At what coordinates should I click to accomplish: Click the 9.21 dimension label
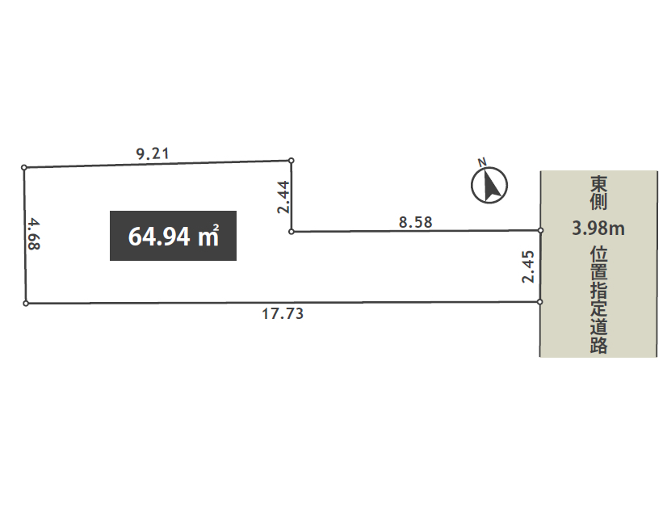(153, 153)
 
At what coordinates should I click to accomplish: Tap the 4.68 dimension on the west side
(33, 234)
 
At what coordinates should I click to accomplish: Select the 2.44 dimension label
(283, 197)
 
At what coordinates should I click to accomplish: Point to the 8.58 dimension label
(415, 222)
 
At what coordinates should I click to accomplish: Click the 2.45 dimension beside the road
(528, 266)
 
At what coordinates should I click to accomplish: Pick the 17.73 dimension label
(283, 314)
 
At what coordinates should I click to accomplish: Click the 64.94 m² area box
(173, 236)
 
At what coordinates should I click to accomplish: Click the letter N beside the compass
(482, 162)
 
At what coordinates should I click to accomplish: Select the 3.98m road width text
(598, 229)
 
